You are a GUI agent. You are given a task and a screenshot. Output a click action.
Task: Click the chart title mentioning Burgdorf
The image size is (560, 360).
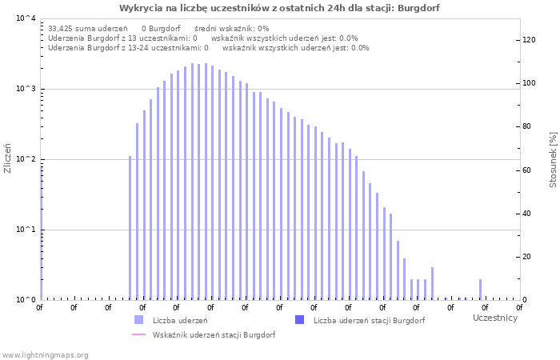tap(279, 8)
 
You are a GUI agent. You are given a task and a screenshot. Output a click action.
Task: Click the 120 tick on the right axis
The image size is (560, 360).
tap(529, 40)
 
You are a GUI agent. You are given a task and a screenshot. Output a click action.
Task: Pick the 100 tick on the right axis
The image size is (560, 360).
tap(529, 83)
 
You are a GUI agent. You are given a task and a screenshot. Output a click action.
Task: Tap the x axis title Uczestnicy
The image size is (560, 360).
tap(495, 318)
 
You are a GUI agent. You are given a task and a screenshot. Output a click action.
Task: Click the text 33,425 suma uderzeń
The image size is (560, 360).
tap(82, 28)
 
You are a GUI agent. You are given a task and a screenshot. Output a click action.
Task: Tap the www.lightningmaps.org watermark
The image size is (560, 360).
tap(45, 354)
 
